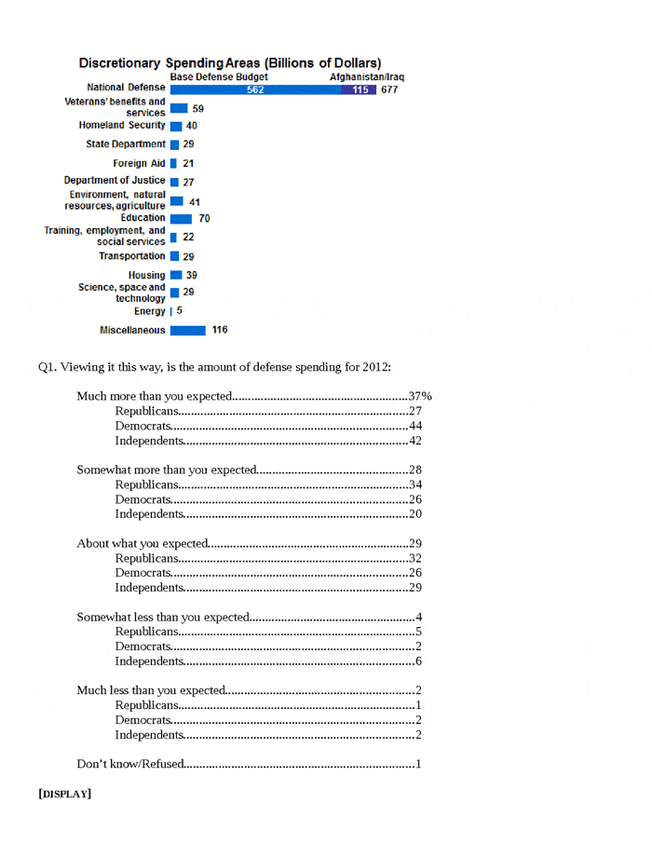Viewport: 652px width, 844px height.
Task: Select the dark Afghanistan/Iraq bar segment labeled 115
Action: [x=359, y=90]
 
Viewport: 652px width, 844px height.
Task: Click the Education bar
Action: [x=181, y=218]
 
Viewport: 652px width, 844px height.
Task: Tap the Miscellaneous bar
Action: [x=187, y=330]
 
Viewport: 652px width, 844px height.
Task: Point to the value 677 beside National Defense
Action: [x=389, y=90]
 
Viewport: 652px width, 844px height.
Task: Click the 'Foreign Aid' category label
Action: [x=139, y=163]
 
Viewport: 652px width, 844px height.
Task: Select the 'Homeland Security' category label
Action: [x=116, y=125]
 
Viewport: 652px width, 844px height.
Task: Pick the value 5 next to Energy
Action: [x=180, y=310]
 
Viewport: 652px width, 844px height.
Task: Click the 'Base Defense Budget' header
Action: [x=219, y=76]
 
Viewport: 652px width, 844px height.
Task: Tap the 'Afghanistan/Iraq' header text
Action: [x=367, y=76]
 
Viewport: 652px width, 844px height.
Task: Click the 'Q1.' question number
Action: [x=47, y=366]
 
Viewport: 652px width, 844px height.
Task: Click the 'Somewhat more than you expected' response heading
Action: [x=167, y=469]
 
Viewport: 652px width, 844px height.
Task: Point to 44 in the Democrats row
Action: [x=416, y=426]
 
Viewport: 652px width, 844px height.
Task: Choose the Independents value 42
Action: [x=416, y=441]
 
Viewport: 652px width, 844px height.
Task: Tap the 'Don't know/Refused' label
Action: [x=129, y=765]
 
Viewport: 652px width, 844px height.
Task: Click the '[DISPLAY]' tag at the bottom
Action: [x=65, y=794]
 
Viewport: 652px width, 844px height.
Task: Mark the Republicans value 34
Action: [x=416, y=484]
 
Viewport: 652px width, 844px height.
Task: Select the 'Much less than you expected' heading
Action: [x=151, y=690]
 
